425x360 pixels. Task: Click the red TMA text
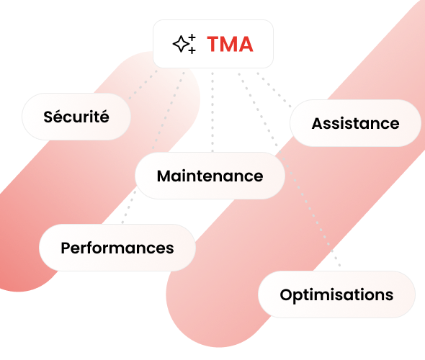(230, 44)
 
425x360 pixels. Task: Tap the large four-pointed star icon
(181, 44)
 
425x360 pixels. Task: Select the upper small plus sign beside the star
(192, 37)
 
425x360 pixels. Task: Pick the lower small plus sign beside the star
(192, 50)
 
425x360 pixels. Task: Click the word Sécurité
(76, 117)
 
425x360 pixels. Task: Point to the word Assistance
(355, 124)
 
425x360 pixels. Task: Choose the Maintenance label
(210, 176)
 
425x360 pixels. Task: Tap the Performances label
(117, 248)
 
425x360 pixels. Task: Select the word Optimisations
(336, 295)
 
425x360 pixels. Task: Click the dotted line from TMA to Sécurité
(143, 84)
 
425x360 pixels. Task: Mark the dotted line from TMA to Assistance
(274, 90)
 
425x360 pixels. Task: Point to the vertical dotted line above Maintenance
(212, 112)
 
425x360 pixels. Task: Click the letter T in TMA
(215, 44)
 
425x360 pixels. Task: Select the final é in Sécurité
(104, 117)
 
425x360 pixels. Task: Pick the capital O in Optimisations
(287, 294)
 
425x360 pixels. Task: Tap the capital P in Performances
(66, 248)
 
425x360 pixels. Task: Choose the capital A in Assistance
(318, 124)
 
